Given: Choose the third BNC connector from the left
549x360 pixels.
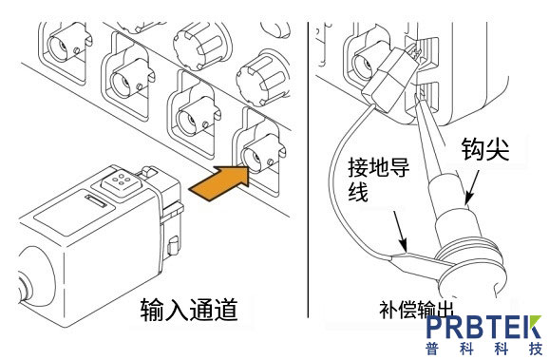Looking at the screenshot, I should [x=188, y=112].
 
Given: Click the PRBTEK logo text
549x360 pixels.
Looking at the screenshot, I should [x=483, y=329].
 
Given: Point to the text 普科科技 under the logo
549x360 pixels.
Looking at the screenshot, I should [x=483, y=350].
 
